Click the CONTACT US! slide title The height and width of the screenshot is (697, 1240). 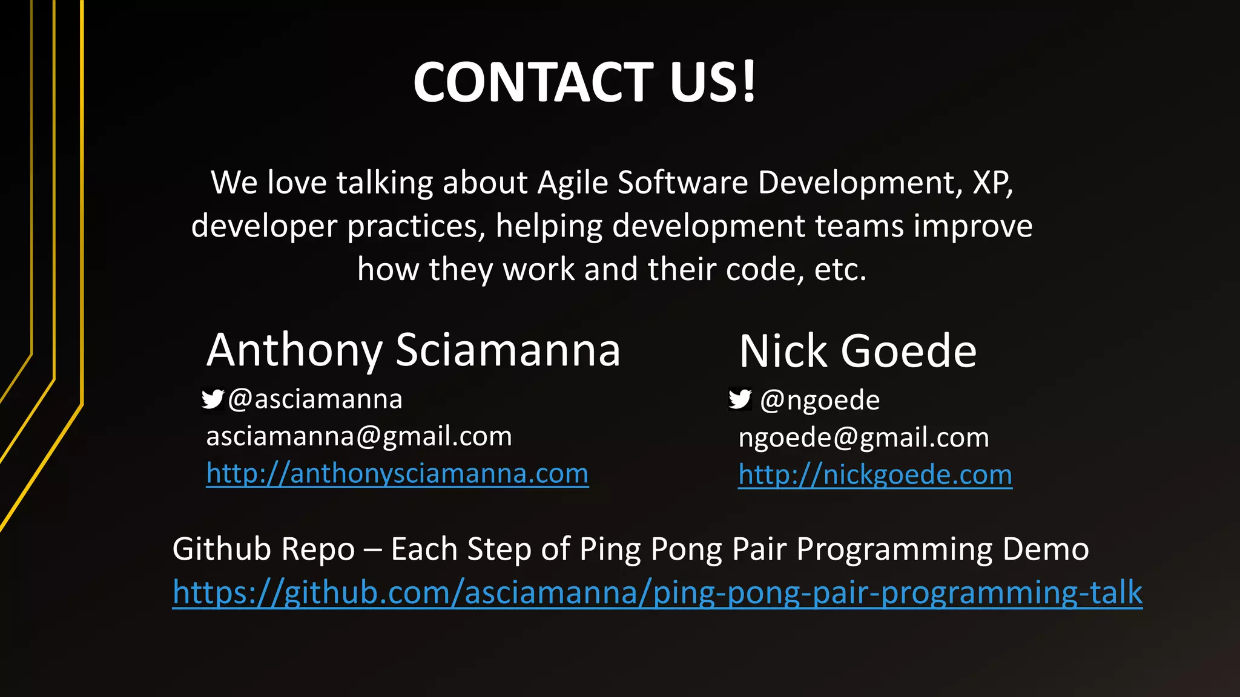[584, 82]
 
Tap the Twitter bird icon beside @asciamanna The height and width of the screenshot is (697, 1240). [213, 399]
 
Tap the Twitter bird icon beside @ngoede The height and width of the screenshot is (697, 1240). [740, 399]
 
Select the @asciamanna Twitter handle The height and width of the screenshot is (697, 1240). [315, 399]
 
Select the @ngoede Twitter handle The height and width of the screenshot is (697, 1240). [819, 401]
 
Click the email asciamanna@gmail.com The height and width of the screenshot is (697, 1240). [359, 436]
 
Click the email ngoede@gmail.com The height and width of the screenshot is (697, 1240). [863, 437]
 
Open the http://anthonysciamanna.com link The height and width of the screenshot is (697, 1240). [397, 473]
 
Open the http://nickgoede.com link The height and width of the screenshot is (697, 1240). [875, 475]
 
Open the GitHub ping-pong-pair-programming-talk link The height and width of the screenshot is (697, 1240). [658, 592]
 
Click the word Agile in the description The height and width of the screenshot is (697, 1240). [573, 183]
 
